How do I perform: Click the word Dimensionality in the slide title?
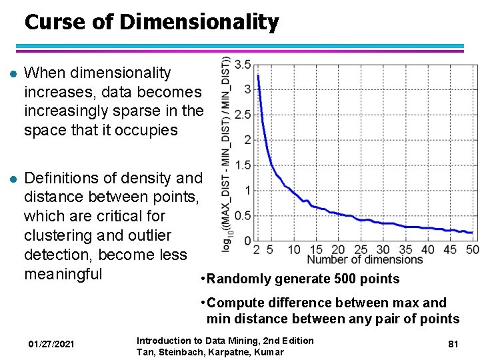(199, 23)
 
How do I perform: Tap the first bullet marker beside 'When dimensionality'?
(9, 73)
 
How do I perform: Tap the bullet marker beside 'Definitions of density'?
(9, 179)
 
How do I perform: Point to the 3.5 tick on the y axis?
(243, 64)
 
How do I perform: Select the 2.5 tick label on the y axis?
(243, 115)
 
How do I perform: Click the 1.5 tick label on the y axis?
(243, 165)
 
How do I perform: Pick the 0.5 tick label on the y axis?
(243, 215)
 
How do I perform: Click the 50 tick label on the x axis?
(472, 249)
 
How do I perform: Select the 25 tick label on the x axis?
(361, 249)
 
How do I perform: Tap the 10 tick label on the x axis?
(294, 249)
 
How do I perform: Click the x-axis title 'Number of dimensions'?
(365, 259)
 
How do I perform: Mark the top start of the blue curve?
(258, 75)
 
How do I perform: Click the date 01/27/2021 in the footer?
(51, 344)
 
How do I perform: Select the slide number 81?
(453, 344)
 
